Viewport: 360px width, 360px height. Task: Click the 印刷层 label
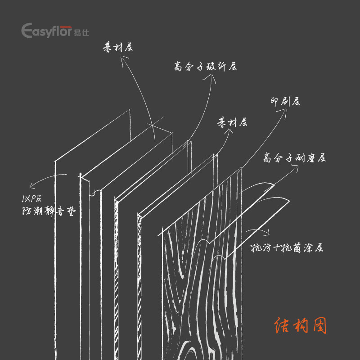point(284,102)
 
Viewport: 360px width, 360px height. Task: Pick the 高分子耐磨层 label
point(295,158)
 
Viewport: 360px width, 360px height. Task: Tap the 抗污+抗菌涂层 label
point(286,248)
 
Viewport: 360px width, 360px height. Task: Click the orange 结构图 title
point(300,326)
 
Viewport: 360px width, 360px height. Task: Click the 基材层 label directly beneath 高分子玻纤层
point(232,123)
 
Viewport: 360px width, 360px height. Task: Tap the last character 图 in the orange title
point(318,326)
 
